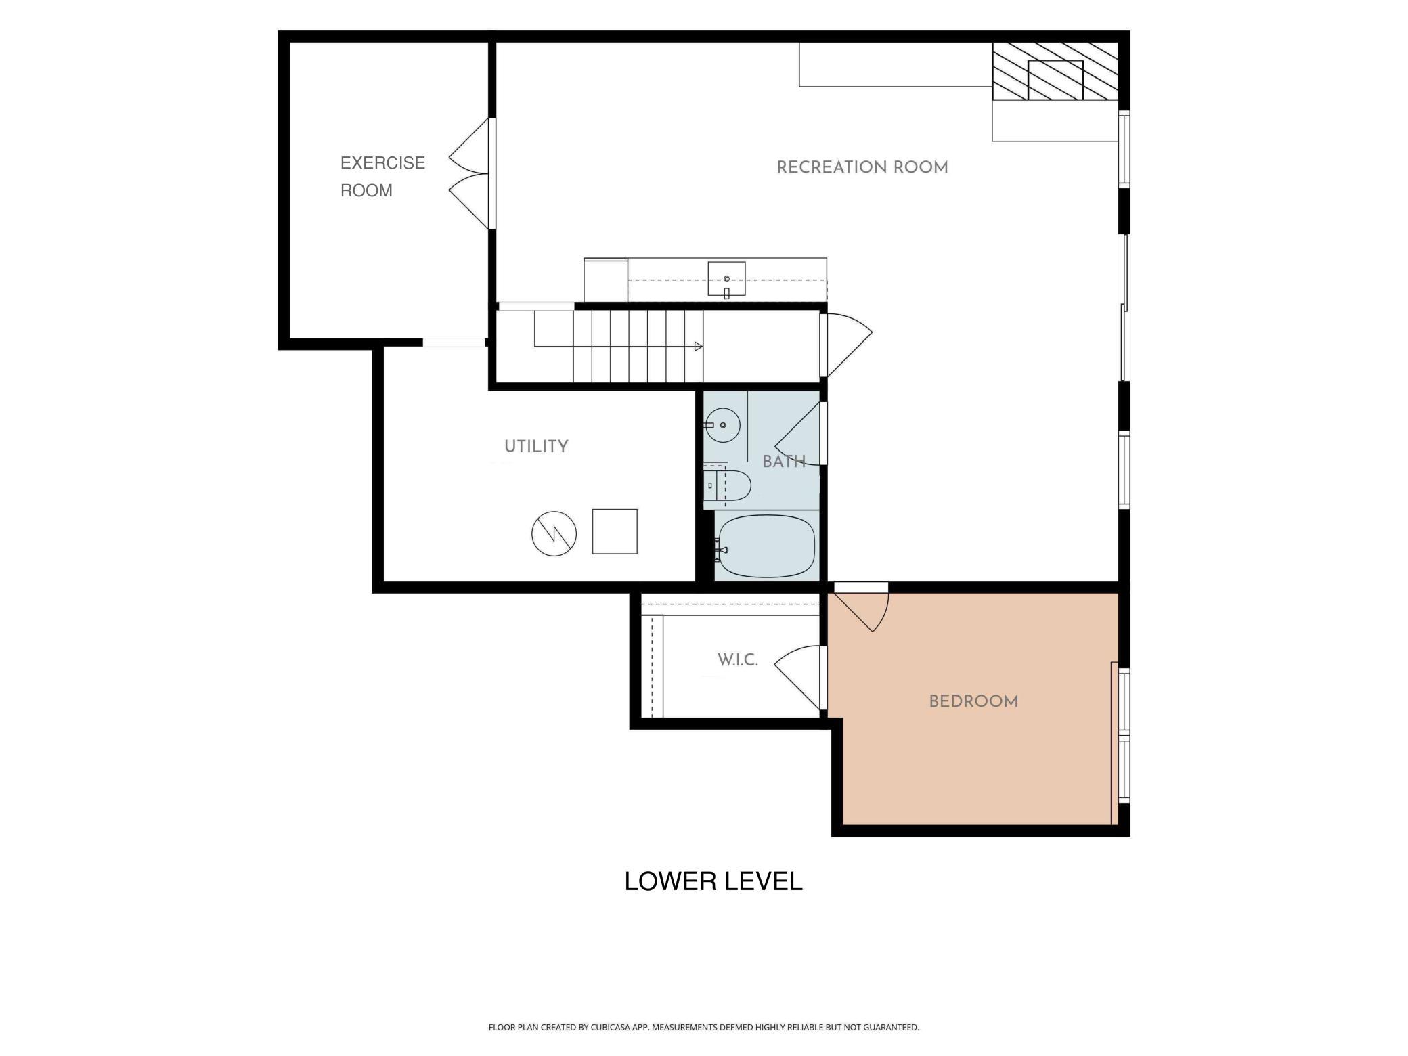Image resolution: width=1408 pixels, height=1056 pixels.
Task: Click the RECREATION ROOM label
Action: tap(862, 167)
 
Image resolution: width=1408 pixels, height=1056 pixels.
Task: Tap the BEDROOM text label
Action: tap(973, 701)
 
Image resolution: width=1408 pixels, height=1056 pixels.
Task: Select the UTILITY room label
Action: tap(536, 446)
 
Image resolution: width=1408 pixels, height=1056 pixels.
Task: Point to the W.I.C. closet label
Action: tap(737, 660)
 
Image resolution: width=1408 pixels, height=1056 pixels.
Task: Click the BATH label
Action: tap(784, 462)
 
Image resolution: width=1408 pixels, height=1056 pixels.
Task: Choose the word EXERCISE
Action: tap(382, 163)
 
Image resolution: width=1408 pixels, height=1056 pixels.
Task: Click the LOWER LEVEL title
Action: tap(713, 881)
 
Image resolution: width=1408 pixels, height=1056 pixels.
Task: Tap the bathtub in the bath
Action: tap(767, 546)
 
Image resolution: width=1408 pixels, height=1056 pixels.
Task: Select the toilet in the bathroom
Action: tap(727, 485)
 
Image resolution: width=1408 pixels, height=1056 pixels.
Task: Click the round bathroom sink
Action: tap(722, 425)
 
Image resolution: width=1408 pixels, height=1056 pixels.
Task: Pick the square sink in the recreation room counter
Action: tap(726, 279)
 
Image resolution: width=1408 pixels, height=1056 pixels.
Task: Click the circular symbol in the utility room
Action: tap(554, 533)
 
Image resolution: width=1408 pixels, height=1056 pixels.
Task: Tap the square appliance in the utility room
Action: tap(615, 531)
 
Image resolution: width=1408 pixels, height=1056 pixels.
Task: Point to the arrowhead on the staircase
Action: tap(699, 347)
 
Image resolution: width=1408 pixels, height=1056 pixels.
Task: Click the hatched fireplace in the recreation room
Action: tap(1055, 71)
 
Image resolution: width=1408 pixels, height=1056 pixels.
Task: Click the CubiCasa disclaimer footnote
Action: tap(704, 1028)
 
